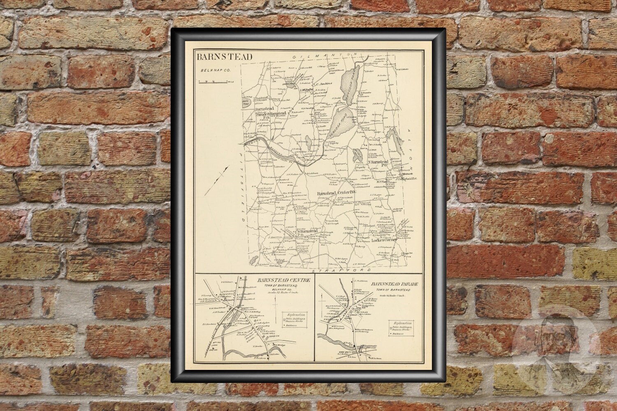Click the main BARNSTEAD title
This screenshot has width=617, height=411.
224,57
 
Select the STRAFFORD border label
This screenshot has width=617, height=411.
341,271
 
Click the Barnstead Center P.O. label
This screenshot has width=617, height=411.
335,192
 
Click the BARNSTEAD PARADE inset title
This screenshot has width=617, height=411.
391,283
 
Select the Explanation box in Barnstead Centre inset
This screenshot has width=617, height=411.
292,320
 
